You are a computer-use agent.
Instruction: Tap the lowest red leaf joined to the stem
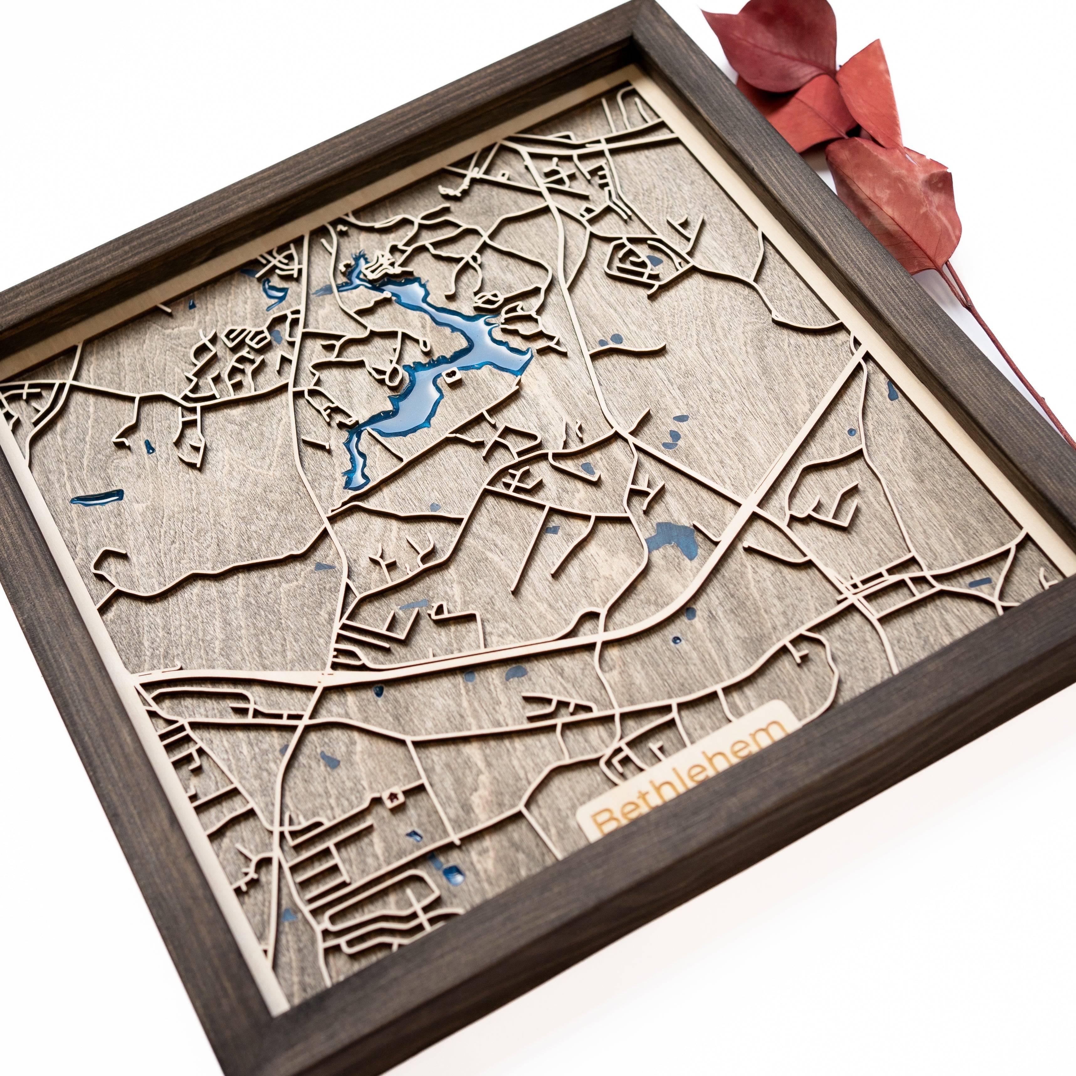897,195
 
